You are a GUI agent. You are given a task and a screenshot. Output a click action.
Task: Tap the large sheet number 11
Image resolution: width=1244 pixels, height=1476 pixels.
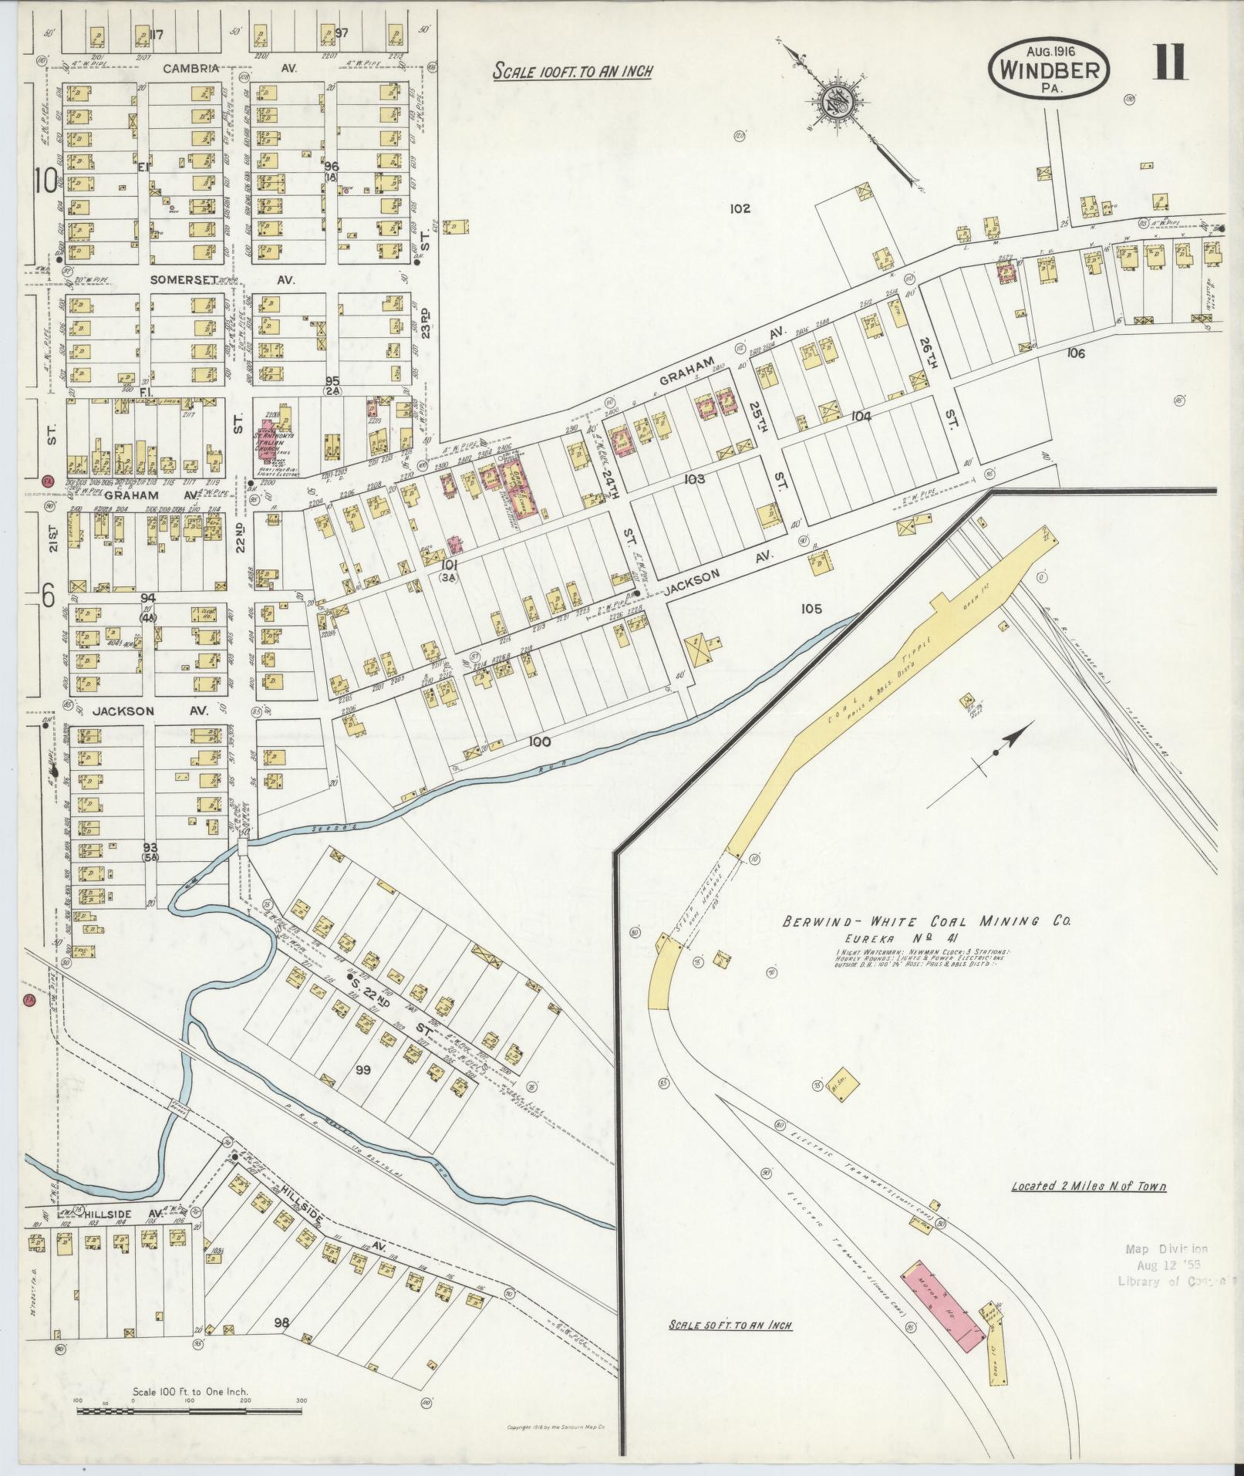[x=1171, y=62]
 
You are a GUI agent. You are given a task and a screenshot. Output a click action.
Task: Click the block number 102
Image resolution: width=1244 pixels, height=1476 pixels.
[x=739, y=208]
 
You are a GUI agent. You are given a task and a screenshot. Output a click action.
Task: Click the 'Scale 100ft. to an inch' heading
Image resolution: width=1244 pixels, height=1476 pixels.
[x=572, y=72]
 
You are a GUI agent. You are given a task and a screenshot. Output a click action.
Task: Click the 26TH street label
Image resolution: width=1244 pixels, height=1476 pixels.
[x=926, y=350]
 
